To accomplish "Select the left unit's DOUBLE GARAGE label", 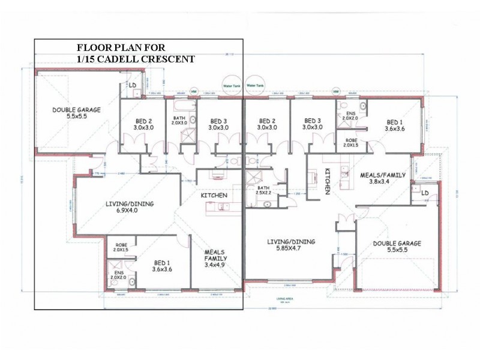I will tap(76, 113).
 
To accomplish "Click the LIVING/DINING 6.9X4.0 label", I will tap(130, 208).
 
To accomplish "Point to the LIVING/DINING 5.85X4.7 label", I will tap(290, 245).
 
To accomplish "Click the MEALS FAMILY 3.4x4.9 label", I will tap(215, 258).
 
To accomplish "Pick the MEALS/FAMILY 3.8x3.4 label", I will tap(383, 178).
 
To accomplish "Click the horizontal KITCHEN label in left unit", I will tap(214, 196).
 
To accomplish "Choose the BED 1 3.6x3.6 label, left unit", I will tap(163, 266).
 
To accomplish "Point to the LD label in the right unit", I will tap(425, 192).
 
